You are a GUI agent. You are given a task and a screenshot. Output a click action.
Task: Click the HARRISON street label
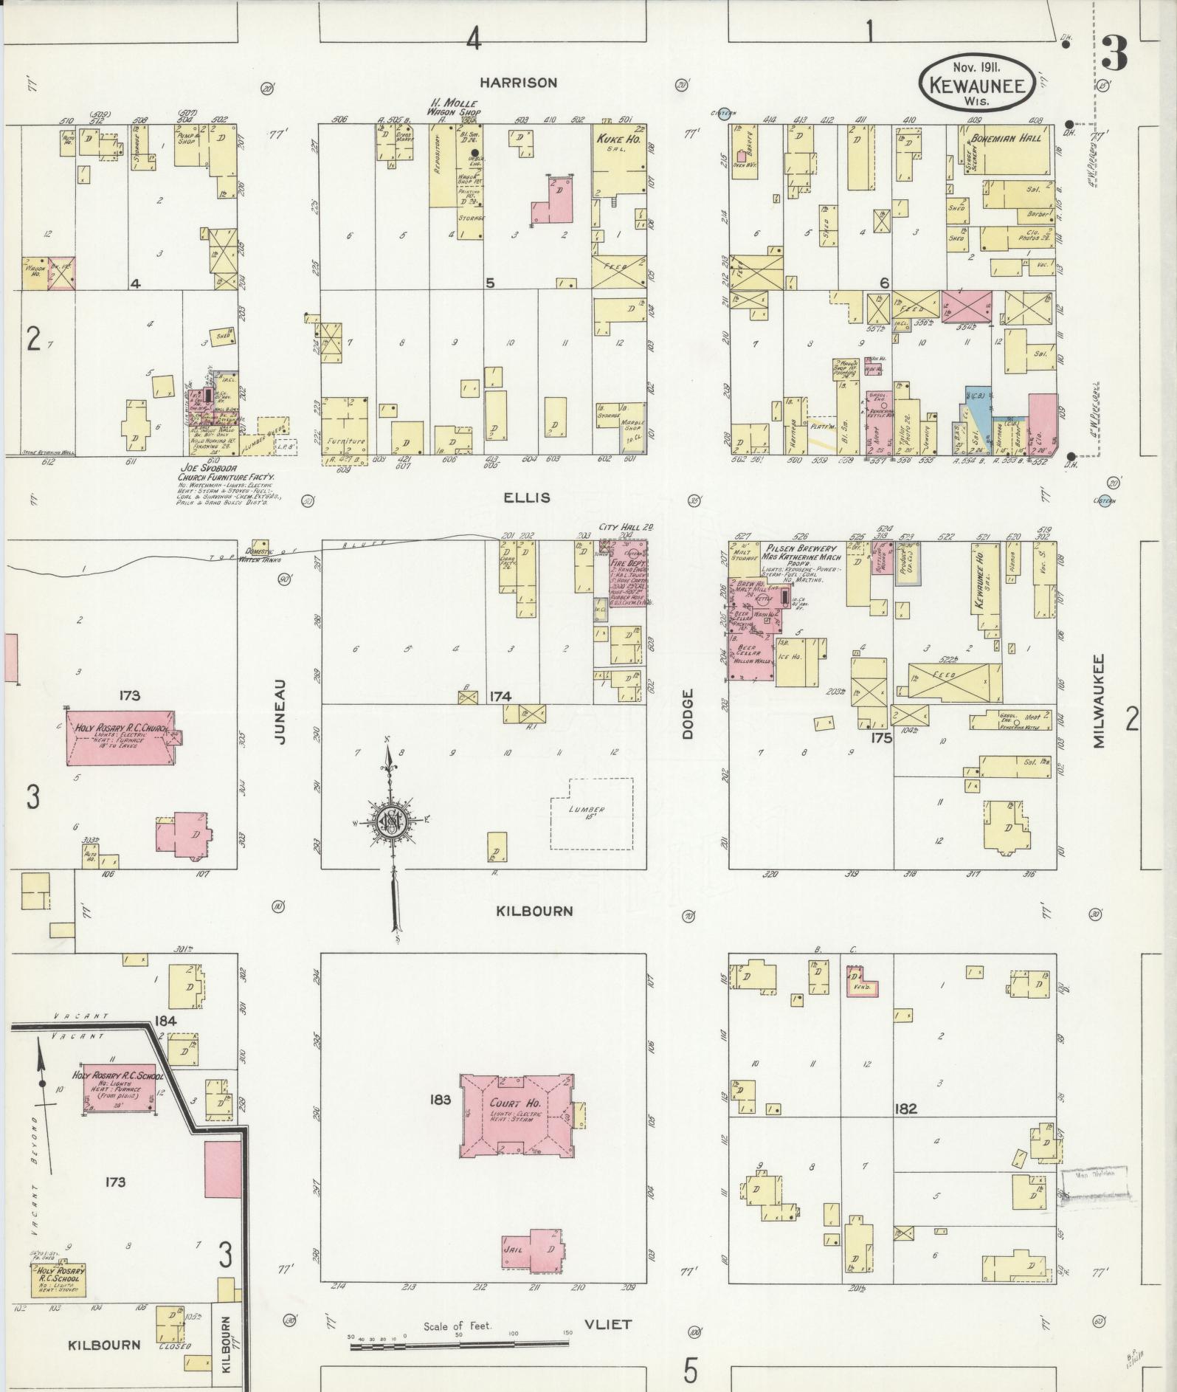527,83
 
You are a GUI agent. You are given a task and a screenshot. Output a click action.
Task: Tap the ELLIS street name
527,498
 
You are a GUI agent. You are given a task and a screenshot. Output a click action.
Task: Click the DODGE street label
688,713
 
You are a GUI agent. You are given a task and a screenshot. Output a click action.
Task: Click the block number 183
440,1100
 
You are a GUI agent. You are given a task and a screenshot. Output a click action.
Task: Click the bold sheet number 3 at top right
1114,53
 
